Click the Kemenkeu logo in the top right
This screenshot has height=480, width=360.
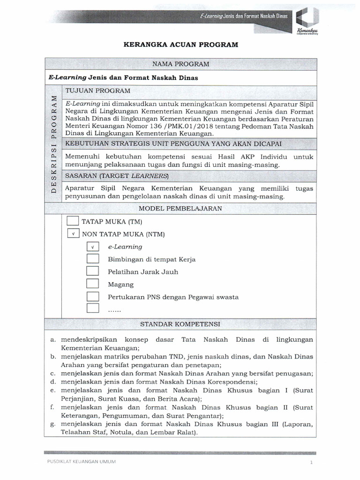(x=307, y=21)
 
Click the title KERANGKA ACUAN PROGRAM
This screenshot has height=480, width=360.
(x=180, y=45)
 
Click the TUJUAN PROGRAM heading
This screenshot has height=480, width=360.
(x=97, y=90)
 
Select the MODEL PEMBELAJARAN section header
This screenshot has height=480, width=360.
(x=181, y=209)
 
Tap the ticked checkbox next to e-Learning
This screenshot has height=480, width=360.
(x=93, y=247)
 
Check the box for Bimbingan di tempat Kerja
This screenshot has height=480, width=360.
(x=93, y=259)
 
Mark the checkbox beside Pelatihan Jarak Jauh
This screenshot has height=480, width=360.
(x=93, y=271)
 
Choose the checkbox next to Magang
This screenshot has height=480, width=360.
(x=93, y=284)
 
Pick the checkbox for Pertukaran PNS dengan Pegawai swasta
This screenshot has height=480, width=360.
(x=93, y=296)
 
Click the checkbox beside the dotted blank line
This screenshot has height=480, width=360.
(x=93, y=308)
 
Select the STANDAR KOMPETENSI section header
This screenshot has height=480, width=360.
(x=181, y=324)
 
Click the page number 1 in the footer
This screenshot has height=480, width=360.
(x=310, y=463)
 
